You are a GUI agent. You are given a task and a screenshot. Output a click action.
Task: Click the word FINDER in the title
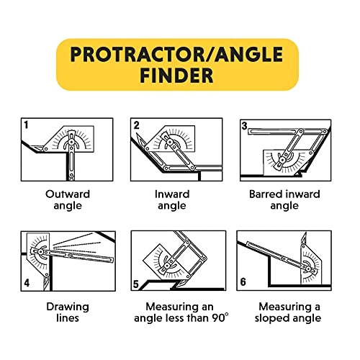[x=177, y=76]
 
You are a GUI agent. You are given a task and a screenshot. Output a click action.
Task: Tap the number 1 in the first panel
[x=27, y=125]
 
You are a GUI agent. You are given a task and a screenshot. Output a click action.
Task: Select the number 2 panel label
[x=135, y=125]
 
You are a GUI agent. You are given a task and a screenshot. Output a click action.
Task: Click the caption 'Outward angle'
[x=68, y=199]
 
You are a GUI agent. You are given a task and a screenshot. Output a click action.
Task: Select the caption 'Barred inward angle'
[x=285, y=199]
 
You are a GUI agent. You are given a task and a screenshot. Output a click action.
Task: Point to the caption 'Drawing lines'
[x=68, y=311]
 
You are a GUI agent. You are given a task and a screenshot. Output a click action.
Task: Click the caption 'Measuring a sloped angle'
[x=285, y=311]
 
